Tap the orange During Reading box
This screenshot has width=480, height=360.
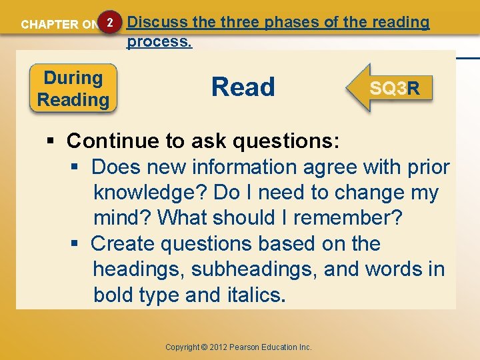click(x=73, y=89)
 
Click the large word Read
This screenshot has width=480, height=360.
click(x=243, y=87)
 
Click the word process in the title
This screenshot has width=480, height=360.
click(x=158, y=41)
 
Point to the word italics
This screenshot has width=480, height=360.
click(x=250, y=295)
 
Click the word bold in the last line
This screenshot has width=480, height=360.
click(x=114, y=295)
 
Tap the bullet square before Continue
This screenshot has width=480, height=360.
click(x=51, y=141)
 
